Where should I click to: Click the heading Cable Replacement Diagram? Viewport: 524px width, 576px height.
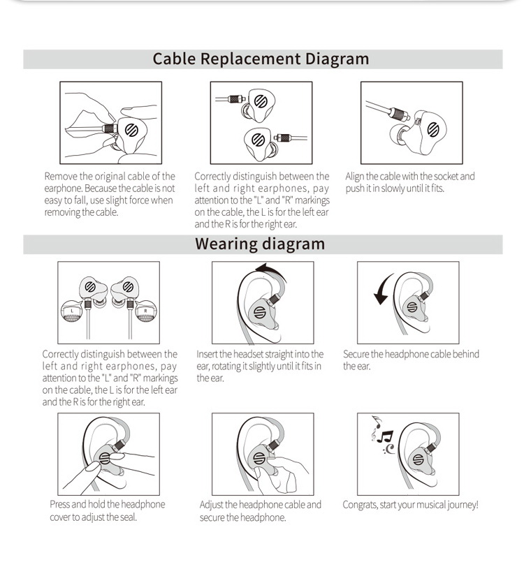point(261,59)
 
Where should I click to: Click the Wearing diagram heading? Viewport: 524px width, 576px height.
point(260,244)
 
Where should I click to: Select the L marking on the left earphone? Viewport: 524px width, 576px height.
point(73,309)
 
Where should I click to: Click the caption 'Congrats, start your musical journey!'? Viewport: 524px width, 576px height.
point(410,505)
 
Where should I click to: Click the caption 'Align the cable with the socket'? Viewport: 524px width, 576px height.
point(409,182)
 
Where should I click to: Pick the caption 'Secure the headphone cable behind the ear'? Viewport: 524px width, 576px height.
point(411,360)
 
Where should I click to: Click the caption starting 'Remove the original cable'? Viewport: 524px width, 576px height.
point(110,194)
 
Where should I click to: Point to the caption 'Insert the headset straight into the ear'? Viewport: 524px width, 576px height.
point(260,366)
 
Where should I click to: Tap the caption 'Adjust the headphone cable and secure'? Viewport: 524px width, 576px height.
point(261,510)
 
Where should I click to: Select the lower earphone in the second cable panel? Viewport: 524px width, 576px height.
point(257,140)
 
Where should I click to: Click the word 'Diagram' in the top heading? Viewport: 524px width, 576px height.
point(337,59)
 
